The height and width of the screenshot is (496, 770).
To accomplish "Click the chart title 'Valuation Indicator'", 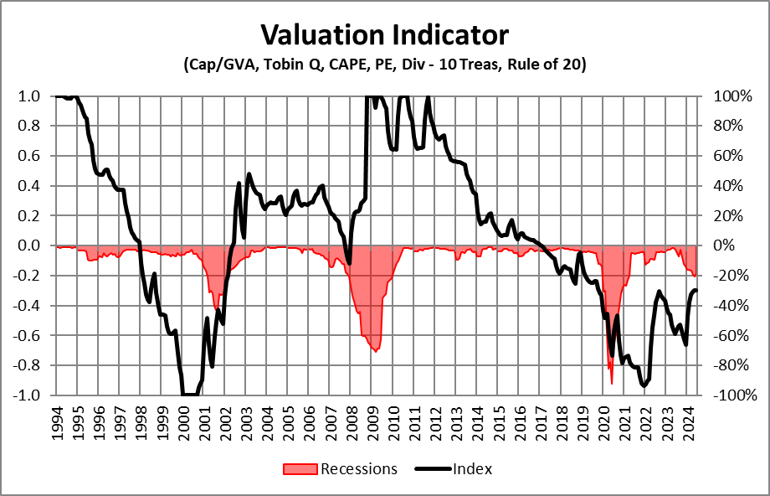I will click(384, 35).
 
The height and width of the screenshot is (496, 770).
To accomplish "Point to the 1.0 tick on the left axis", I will click(31, 96).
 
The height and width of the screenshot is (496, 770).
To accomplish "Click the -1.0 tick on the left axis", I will click(28, 395).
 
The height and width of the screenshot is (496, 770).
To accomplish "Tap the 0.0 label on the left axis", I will click(31, 245).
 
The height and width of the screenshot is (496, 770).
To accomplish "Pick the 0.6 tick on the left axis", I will click(31, 156).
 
